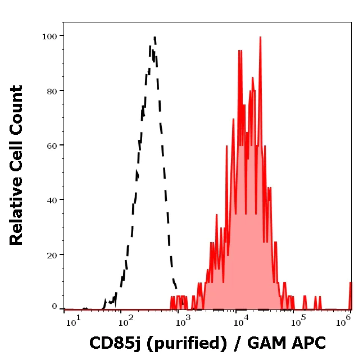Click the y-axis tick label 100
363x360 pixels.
coord(50,37)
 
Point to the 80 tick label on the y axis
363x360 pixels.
coord(52,91)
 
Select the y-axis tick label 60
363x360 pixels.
coord(52,145)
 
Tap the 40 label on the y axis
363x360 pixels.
coord(52,200)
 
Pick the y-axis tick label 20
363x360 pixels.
coord(52,255)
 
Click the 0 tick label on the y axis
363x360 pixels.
coord(55,307)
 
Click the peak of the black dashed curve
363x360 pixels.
coord(153,38)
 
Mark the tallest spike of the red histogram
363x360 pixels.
coord(260,38)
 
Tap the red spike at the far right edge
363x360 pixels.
coord(350,284)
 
